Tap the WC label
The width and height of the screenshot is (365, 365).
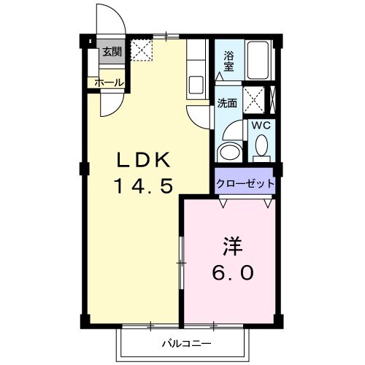261,125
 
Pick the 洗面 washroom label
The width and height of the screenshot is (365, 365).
226,103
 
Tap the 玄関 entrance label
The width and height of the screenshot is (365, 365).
112,52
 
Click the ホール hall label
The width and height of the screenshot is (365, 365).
109,82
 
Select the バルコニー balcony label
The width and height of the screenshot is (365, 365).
187,342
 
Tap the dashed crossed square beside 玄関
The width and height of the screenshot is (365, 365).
139,52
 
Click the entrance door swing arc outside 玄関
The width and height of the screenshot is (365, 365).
112,22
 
